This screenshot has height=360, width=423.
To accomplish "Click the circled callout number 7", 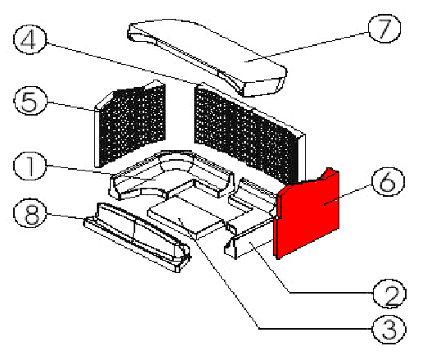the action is coord(384,29).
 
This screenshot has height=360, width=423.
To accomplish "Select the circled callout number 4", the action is coord(30,39).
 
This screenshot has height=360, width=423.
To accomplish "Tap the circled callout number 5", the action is coord(30,101).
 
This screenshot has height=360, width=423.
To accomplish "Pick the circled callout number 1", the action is coord(30,166).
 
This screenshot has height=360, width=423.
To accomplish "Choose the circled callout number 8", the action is coord(30,213).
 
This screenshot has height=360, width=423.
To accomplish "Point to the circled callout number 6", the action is coord(388,182).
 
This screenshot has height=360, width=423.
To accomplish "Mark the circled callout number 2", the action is coord(389,294).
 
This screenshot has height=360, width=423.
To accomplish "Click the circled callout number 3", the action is coord(389,330).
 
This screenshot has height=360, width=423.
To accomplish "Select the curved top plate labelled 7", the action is coord(207,55).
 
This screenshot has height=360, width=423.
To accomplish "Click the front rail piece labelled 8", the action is coord(137,235).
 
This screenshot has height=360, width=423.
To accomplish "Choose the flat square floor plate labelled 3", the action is coord(186,216).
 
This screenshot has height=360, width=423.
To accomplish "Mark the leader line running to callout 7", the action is coord(307,47).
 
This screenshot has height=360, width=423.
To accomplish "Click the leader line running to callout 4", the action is coord(121,63).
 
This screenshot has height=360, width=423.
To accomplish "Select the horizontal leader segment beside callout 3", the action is coord(316,329).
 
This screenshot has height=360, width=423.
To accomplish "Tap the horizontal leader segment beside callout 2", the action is coord(331,293).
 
